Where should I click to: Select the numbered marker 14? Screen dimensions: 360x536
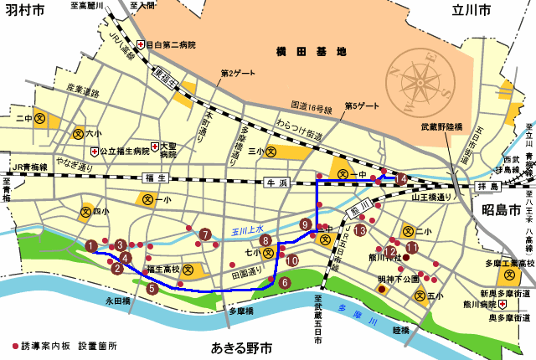(x=402, y=178)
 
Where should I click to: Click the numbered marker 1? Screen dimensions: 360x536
(x=90, y=245)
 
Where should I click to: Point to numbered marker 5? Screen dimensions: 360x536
(x=152, y=288)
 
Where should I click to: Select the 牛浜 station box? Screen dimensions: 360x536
(x=276, y=182)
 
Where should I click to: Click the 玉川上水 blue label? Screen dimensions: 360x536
(x=248, y=228)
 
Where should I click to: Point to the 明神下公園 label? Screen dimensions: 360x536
(x=399, y=279)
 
